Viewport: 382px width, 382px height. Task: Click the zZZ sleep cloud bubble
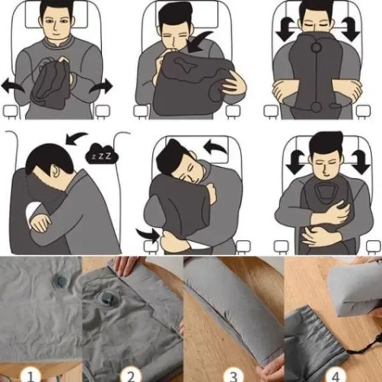coord(102,153)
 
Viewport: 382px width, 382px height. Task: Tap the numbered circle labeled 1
coord(31,375)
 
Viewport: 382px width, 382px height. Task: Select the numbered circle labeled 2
coord(131,375)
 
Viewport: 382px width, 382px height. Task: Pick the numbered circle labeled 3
coord(233,375)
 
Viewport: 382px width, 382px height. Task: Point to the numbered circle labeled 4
coord(336,375)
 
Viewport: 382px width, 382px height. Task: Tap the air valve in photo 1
coord(60,279)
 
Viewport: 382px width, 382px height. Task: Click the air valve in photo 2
coord(107,299)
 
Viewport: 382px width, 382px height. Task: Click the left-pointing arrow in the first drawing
coord(12,86)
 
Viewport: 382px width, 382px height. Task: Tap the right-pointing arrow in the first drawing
coord(101,86)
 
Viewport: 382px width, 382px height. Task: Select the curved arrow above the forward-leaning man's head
coord(76,138)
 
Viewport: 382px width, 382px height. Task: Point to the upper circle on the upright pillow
coord(316,47)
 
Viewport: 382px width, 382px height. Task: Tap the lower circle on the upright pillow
coord(316,107)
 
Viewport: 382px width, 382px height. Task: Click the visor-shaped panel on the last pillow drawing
coord(324,192)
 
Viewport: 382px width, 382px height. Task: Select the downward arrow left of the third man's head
coord(287,29)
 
